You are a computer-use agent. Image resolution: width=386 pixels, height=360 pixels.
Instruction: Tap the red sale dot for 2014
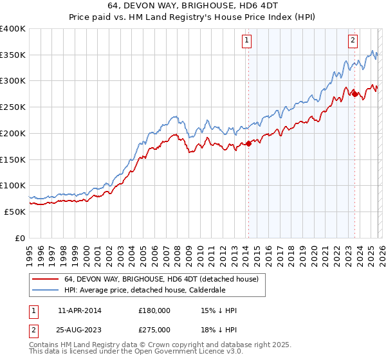tap(248, 143)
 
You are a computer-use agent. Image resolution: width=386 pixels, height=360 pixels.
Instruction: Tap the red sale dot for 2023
tap(354, 94)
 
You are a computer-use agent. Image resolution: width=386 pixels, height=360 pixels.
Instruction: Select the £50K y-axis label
tap(15, 212)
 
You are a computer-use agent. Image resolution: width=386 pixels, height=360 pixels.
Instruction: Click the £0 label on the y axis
tap(20, 238)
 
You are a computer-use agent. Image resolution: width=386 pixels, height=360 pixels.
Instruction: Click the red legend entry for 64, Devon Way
tap(161, 280)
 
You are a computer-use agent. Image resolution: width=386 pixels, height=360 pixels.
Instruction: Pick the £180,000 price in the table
tap(154, 310)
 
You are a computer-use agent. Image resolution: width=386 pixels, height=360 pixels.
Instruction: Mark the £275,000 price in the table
tap(154, 329)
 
